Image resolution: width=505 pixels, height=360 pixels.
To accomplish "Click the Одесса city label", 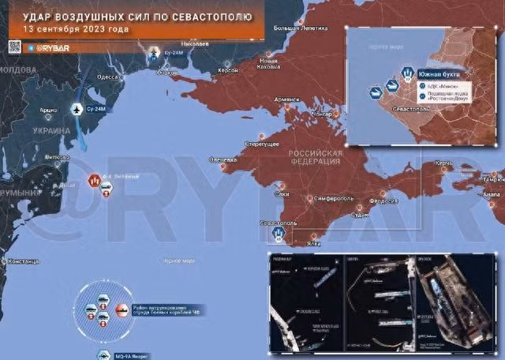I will (x=107, y=77).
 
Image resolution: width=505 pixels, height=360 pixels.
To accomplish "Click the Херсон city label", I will (x=227, y=69).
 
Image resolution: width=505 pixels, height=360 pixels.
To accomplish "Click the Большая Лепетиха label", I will (x=305, y=29).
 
